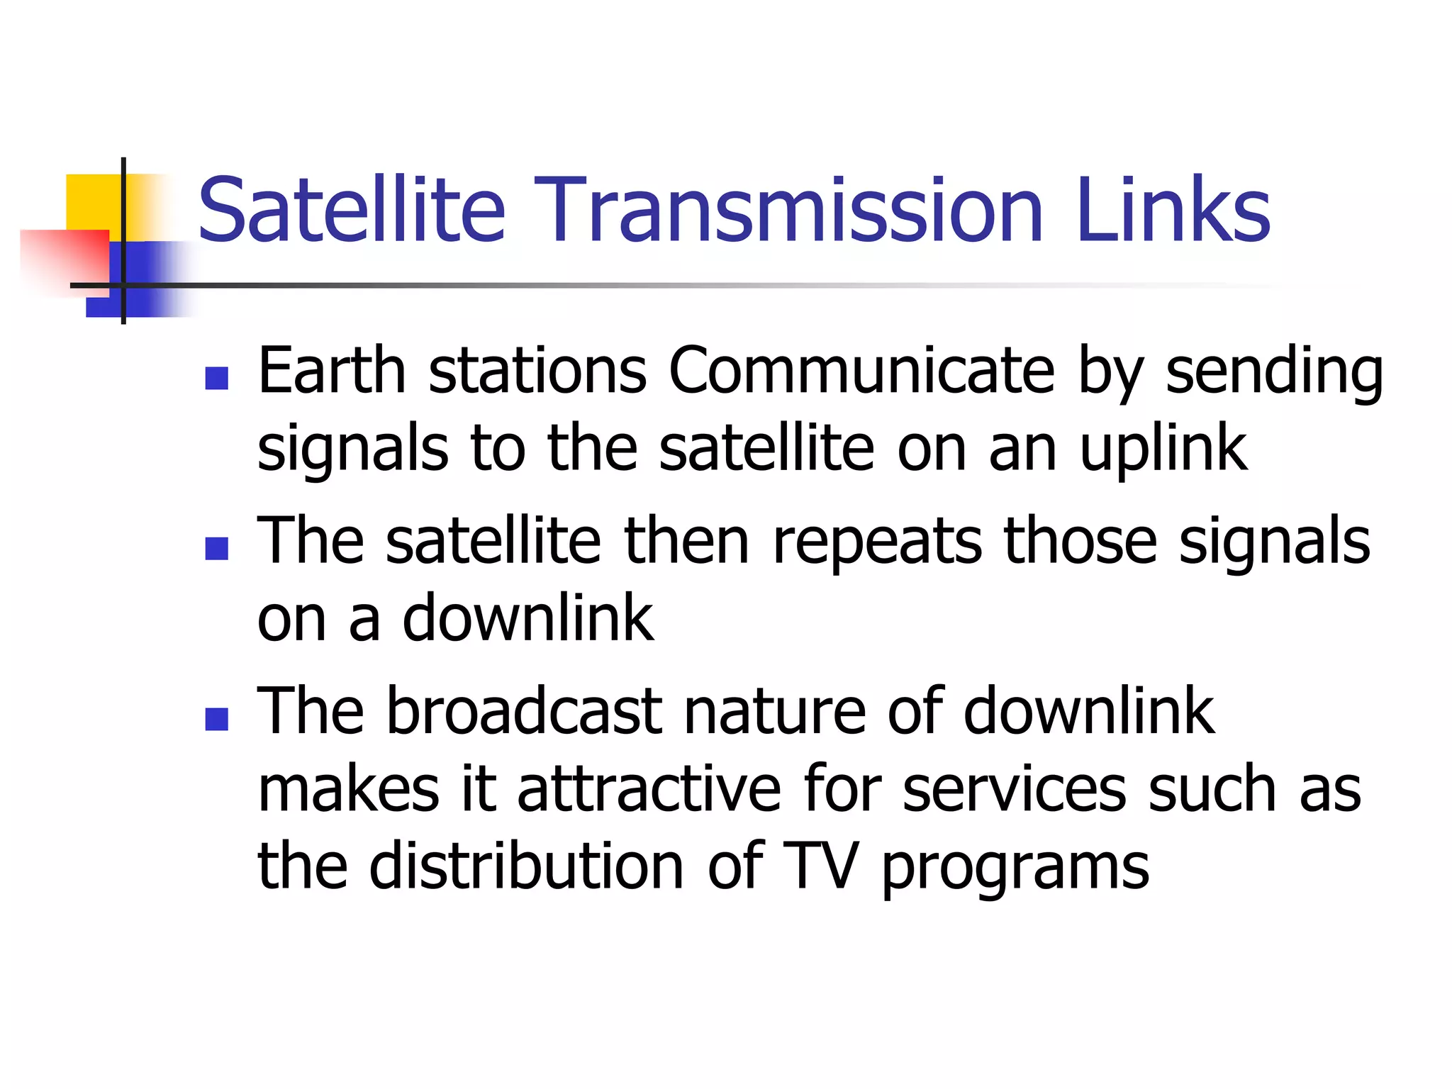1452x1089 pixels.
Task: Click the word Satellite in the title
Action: (351, 209)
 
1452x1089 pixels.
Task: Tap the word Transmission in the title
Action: (788, 209)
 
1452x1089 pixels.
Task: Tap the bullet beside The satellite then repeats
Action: (216, 548)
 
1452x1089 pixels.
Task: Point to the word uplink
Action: (1163, 450)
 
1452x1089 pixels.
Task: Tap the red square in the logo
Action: (64, 255)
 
